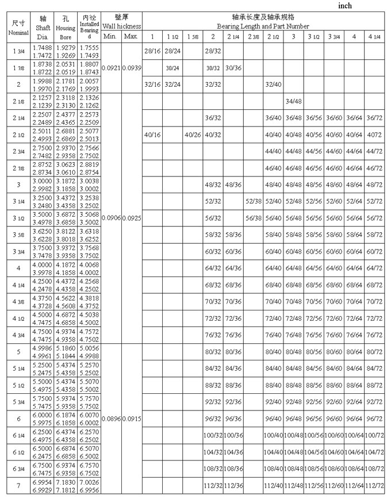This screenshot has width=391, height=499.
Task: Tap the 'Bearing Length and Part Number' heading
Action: [x=263, y=26]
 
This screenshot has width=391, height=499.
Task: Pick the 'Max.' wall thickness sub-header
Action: [x=131, y=37]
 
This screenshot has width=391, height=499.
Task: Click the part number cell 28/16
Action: [x=152, y=51]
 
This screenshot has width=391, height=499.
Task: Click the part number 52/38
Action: [x=253, y=201]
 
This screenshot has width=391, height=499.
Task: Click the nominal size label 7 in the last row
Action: [x=18, y=486]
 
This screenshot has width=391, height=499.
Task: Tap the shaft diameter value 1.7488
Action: [x=40, y=48]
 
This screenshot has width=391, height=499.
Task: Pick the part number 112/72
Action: [x=374, y=486]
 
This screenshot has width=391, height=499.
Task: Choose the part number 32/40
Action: [x=273, y=85]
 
